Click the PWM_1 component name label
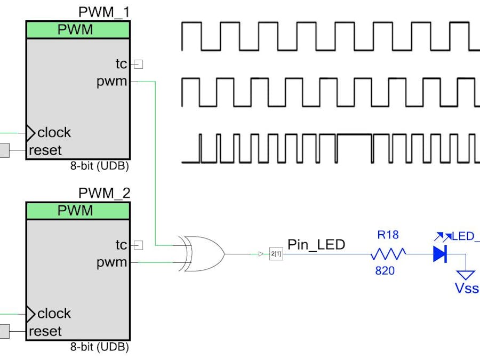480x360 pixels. [104, 12]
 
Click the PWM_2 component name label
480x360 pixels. [104, 193]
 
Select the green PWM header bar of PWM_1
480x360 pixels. [78, 30]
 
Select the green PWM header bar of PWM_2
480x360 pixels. [78, 211]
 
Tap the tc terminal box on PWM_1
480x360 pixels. [138, 65]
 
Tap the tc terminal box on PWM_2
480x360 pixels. [138, 245]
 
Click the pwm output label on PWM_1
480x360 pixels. [111, 82]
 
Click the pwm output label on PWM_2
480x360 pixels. [111, 262]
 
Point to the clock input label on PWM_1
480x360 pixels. [54, 132]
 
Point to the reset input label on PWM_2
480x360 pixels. [45, 331]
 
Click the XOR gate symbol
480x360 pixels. [203, 254]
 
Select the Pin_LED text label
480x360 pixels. [316, 245]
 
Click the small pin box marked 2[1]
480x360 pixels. [276, 254]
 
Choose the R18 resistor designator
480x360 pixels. [388, 235]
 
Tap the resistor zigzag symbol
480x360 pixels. [388, 254]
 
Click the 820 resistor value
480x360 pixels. [385, 271]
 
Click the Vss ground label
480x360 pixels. [466, 289]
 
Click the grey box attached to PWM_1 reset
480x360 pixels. [4, 150]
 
